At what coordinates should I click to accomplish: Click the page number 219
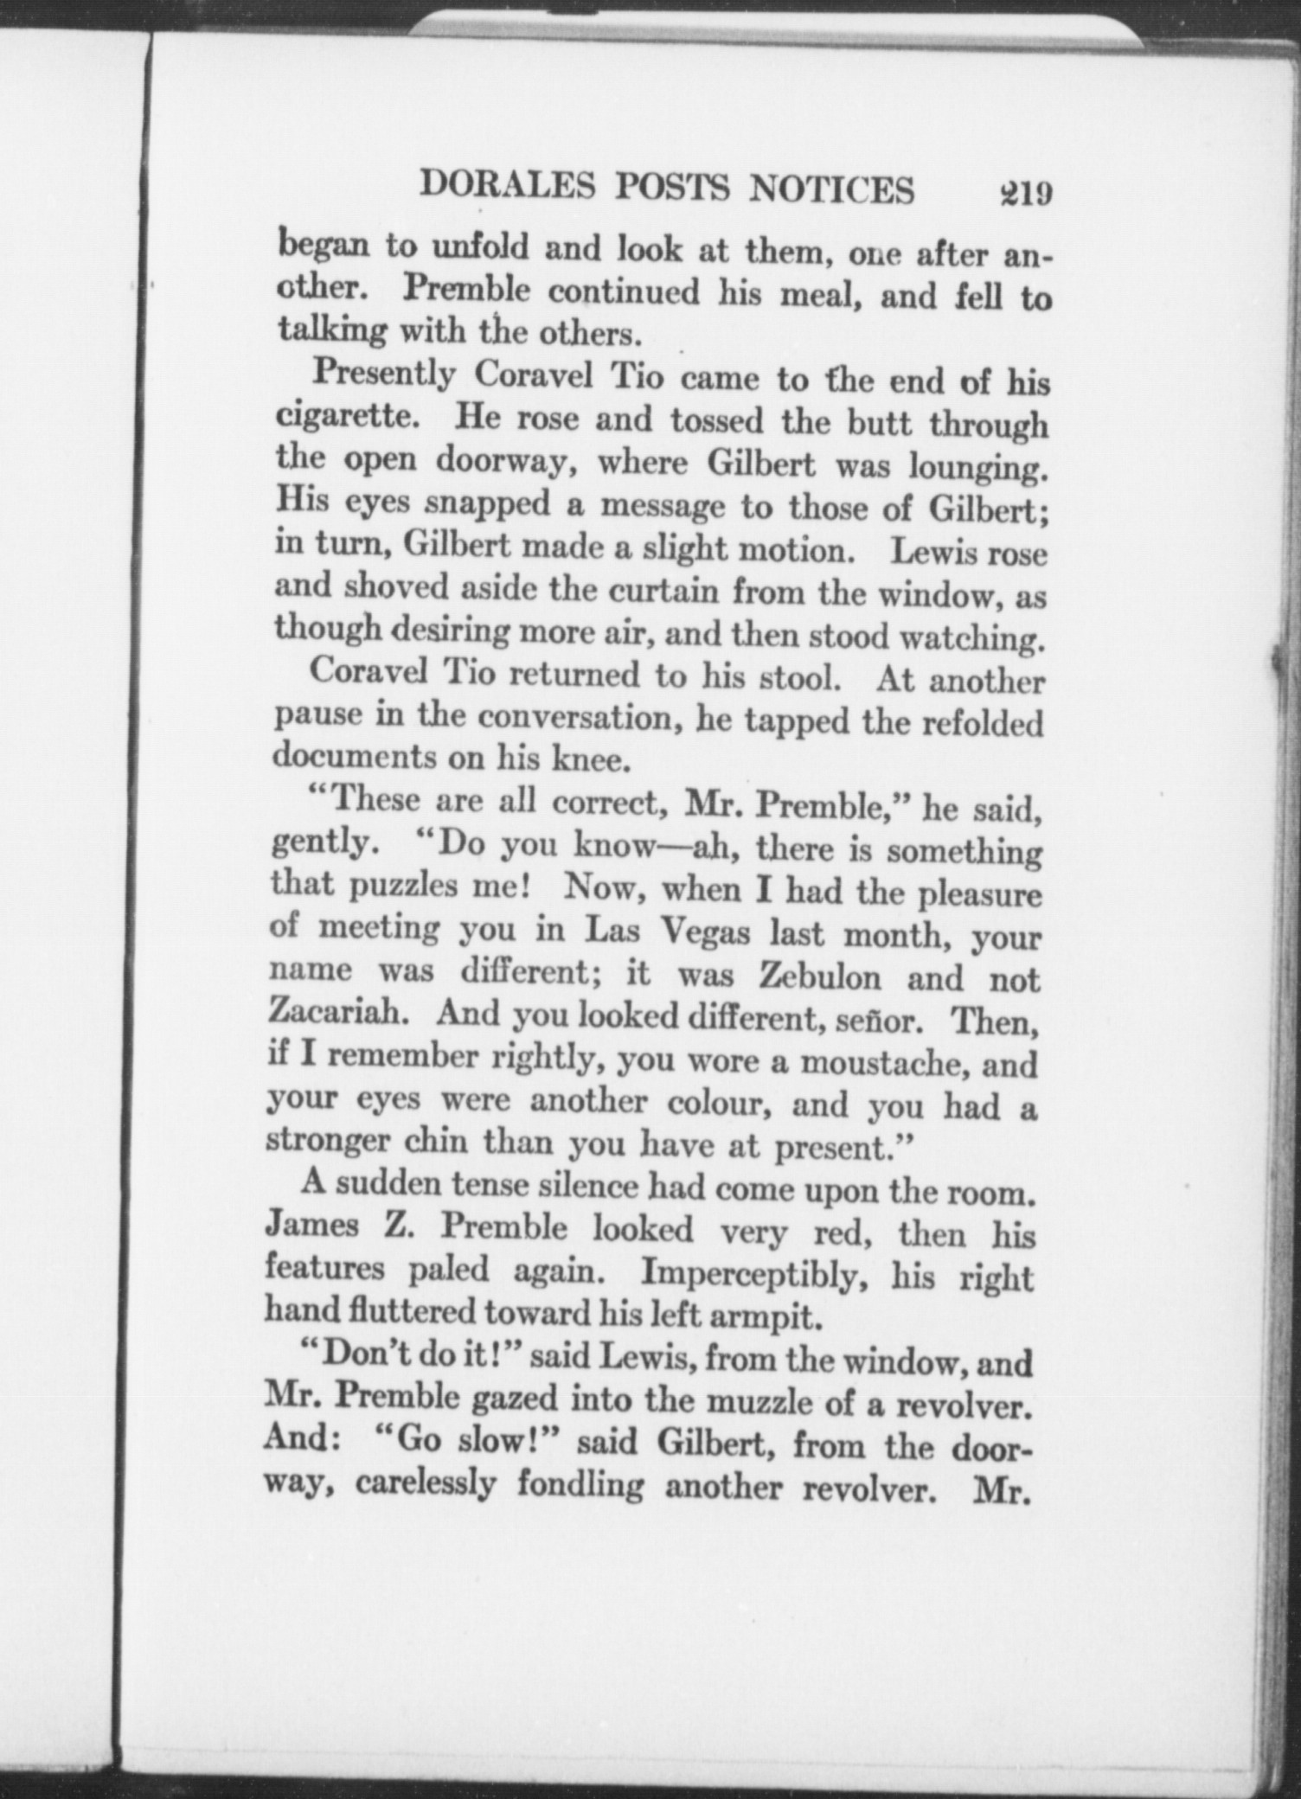click(1024, 191)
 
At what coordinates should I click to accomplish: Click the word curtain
click(664, 592)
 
